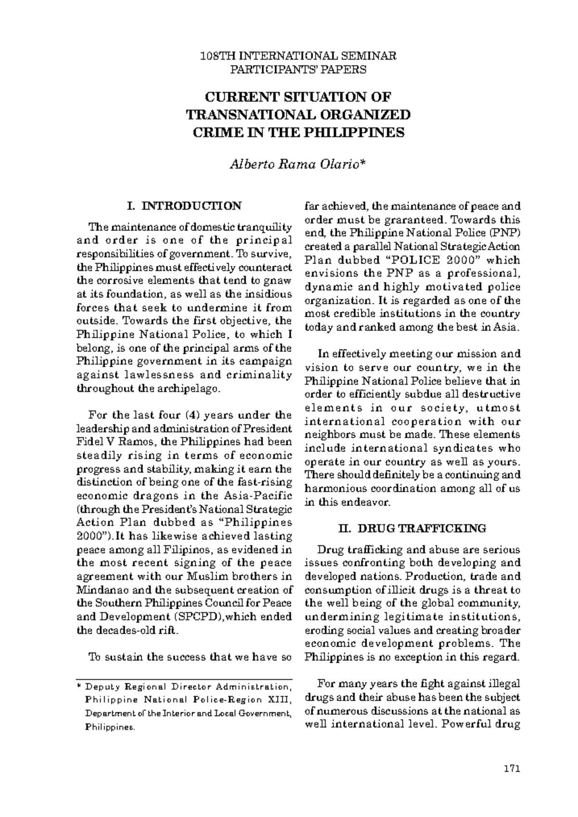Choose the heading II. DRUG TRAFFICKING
(412, 529)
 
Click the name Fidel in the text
(92, 442)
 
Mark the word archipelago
(192, 388)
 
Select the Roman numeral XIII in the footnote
(280, 700)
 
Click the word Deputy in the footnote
(98, 687)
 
